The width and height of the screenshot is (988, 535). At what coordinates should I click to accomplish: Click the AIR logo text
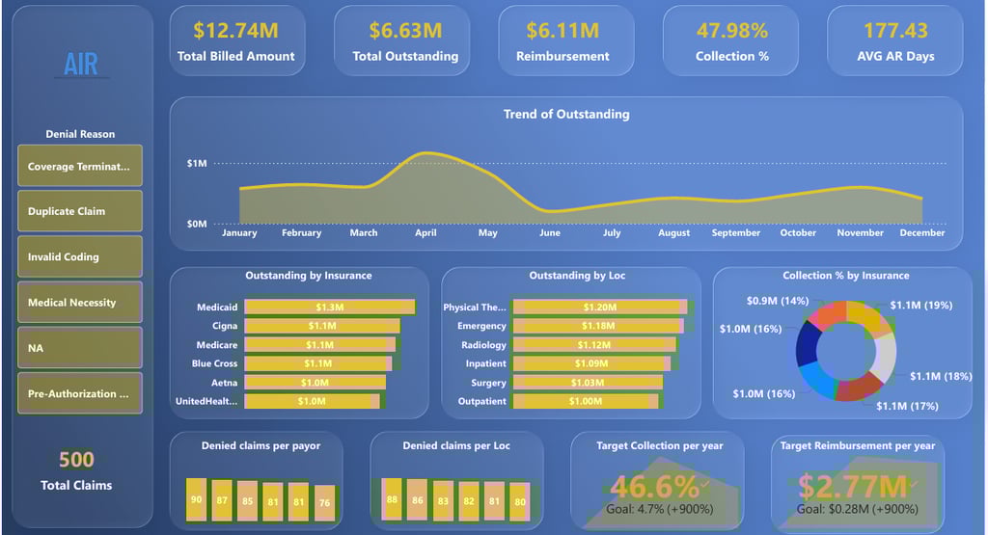pos(81,64)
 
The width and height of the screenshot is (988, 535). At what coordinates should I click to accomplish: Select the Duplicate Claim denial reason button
pos(80,211)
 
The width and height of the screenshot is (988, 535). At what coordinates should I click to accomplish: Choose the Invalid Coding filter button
pos(80,256)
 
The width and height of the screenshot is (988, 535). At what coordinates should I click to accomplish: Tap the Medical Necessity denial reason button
pos(80,302)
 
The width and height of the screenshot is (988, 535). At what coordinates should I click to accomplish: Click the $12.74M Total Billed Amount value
pos(235,31)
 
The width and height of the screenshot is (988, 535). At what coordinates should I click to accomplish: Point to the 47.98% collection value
pos(731,31)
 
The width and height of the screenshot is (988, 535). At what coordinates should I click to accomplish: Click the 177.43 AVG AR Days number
pos(895,31)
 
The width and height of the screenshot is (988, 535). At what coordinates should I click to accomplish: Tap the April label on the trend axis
pos(425,232)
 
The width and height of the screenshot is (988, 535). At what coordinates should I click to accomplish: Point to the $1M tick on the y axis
pos(197,164)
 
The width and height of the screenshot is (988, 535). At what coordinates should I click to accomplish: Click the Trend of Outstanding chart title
pos(566,114)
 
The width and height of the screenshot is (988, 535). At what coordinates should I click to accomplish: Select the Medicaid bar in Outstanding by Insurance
pos(329,307)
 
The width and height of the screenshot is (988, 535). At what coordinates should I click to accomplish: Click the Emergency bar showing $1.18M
pos(598,326)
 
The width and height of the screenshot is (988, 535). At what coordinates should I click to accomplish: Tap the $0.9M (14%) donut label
pos(777,301)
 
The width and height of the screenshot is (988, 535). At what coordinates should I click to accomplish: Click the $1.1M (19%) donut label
pos(920,305)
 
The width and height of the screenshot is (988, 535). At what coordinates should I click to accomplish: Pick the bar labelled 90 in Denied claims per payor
pos(196,500)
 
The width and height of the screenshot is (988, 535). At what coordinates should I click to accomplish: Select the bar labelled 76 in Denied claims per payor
pos(324,502)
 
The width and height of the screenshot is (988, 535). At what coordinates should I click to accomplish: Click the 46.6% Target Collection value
pos(656,487)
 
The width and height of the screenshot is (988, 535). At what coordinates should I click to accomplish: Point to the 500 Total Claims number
pos(76,459)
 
